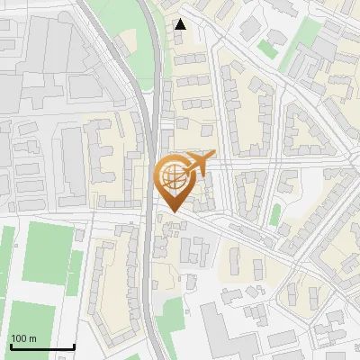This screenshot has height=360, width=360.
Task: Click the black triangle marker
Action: [x=181, y=24]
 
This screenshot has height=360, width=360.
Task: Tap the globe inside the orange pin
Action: [x=173, y=176]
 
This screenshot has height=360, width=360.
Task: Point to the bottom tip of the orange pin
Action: [x=172, y=211]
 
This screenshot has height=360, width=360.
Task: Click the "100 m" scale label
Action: [x=23, y=339]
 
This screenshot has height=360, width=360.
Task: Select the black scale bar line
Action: [x=42, y=347]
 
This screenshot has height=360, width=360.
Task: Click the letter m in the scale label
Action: [x=32, y=339]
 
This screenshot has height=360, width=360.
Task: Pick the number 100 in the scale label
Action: [x=19, y=339]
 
